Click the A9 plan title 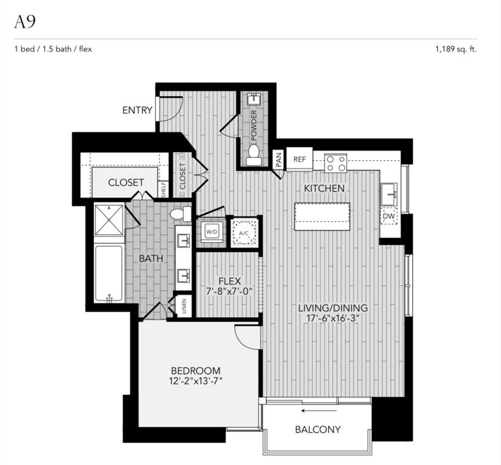pos(25,22)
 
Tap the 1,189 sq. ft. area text pos(456,49)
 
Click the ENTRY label pos(137,110)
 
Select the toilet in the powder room pos(254,155)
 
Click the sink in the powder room pos(254,98)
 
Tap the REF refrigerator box pos(300,159)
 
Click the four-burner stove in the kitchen pos(335,163)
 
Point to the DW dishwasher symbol pos(389,216)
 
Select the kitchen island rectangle pos(322,216)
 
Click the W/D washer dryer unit pos(212,231)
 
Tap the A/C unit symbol pos(244,233)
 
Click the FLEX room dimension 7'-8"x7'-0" pos(229,291)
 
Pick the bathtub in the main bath pos(109,274)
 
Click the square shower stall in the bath pos(110,220)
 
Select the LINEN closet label pos(184,306)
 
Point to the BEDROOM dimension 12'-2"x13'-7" pos(196,381)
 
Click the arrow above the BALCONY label pos(319,411)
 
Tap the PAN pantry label pos(278,160)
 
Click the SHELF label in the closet pos(163,190)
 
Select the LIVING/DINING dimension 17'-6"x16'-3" pos(333,318)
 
